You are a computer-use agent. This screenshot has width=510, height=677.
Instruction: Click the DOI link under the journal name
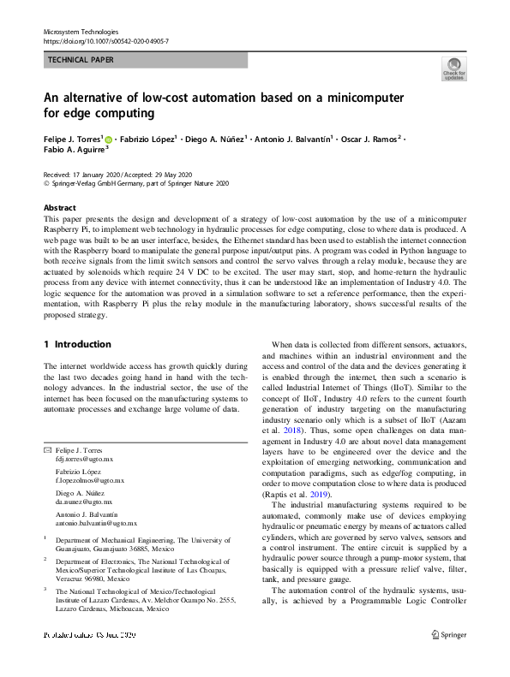coord(105,40)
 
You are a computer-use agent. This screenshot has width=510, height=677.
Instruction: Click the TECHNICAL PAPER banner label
coord(81,60)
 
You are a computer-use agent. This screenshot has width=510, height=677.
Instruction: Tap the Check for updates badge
coord(454,68)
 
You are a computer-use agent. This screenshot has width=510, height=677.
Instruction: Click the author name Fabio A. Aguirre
coord(74,149)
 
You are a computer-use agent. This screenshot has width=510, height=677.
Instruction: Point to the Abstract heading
coord(59,208)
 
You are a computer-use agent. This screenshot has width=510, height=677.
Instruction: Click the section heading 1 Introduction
coord(77,344)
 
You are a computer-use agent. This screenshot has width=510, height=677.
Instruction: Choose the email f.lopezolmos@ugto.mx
coord(89,481)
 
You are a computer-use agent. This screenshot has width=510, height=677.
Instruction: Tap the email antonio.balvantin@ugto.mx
coord(96,522)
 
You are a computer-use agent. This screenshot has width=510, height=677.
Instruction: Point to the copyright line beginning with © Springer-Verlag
coord(135,182)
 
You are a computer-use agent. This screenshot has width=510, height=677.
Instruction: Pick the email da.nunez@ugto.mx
coord(83,502)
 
